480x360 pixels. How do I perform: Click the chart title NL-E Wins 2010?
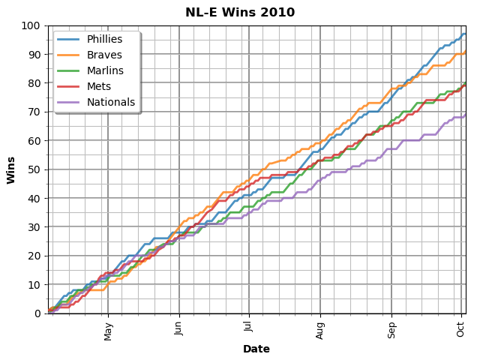pos(240,13)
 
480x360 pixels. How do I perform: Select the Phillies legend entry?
pos(104,39)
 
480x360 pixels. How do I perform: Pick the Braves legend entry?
pos(103,55)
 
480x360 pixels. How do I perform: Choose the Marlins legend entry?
pos(106,70)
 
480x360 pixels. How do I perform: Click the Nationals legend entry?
pos(110,102)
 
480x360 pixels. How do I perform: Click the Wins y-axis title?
pos(11,169)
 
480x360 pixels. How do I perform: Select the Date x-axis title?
pos(256,349)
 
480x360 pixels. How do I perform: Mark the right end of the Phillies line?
pos(465,34)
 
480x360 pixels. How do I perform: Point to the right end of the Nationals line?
pos(465,114)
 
